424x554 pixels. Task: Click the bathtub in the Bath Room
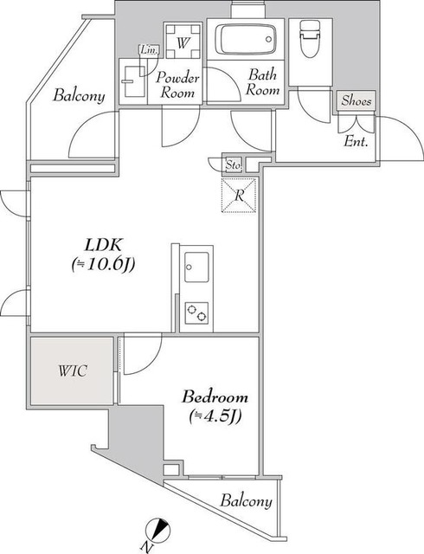246,39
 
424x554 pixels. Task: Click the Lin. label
149,50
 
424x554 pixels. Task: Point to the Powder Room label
177,85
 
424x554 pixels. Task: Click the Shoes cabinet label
357,100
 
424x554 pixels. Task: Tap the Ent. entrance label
357,142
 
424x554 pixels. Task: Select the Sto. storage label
234,164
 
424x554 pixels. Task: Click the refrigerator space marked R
239,196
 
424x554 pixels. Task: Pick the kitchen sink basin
196,267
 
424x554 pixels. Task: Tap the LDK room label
104,244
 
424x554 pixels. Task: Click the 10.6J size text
103,264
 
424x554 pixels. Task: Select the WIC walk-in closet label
73,371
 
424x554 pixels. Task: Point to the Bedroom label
215,396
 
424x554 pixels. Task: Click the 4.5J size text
215,416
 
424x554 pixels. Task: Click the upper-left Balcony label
79,95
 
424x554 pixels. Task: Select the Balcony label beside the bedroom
247,501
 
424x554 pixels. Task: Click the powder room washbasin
133,81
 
